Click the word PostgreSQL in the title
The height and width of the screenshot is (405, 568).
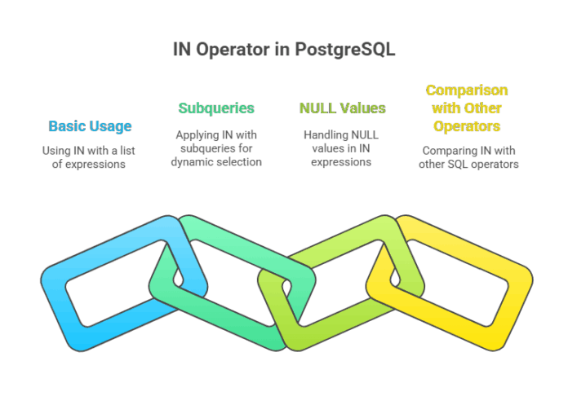pos(345,49)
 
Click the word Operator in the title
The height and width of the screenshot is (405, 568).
pos(237,49)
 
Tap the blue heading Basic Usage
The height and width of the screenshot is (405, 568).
pos(90,126)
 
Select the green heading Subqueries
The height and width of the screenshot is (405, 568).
pos(216,108)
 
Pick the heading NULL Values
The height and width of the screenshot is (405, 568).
pos(343,108)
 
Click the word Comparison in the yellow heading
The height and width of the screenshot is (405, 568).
pos(467,90)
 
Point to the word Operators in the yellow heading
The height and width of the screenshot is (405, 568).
pos(467,126)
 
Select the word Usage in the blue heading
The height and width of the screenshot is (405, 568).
pos(111,126)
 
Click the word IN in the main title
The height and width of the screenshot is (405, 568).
pos(181,49)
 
